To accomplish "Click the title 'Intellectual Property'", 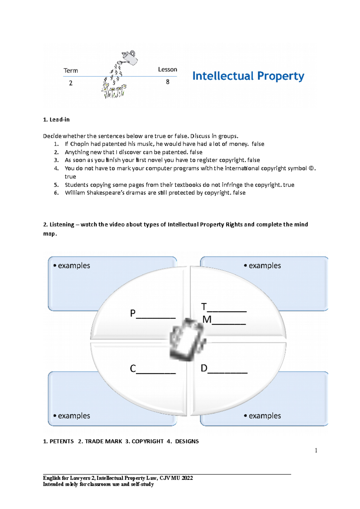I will pyautogui.click(x=248, y=76).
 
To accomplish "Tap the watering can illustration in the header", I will pyautogui.click(x=130, y=57).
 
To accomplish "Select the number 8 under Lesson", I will pyautogui.click(x=168, y=82).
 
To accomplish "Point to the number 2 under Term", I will pyautogui.click(x=71, y=83).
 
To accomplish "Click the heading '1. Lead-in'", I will pyautogui.click(x=56, y=120).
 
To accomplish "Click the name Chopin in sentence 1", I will pyautogui.click(x=79, y=144).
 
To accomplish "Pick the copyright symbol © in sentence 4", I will pyautogui.click(x=311, y=168).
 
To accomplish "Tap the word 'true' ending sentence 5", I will pyautogui.click(x=289, y=185).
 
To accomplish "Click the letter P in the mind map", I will pyautogui.click(x=133, y=314).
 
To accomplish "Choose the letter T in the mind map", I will pyautogui.click(x=204, y=307).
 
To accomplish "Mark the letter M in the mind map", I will pyautogui.click(x=207, y=320).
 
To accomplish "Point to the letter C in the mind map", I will pyautogui.click(x=133, y=368).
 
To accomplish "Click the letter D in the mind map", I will pyautogui.click(x=204, y=368).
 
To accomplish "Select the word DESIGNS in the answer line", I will pyautogui.click(x=187, y=441).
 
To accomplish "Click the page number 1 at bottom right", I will pyautogui.click(x=316, y=450).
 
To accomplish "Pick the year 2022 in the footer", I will pyautogui.click(x=187, y=478).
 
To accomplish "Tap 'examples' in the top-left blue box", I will pyautogui.click(x=74, y=266).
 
